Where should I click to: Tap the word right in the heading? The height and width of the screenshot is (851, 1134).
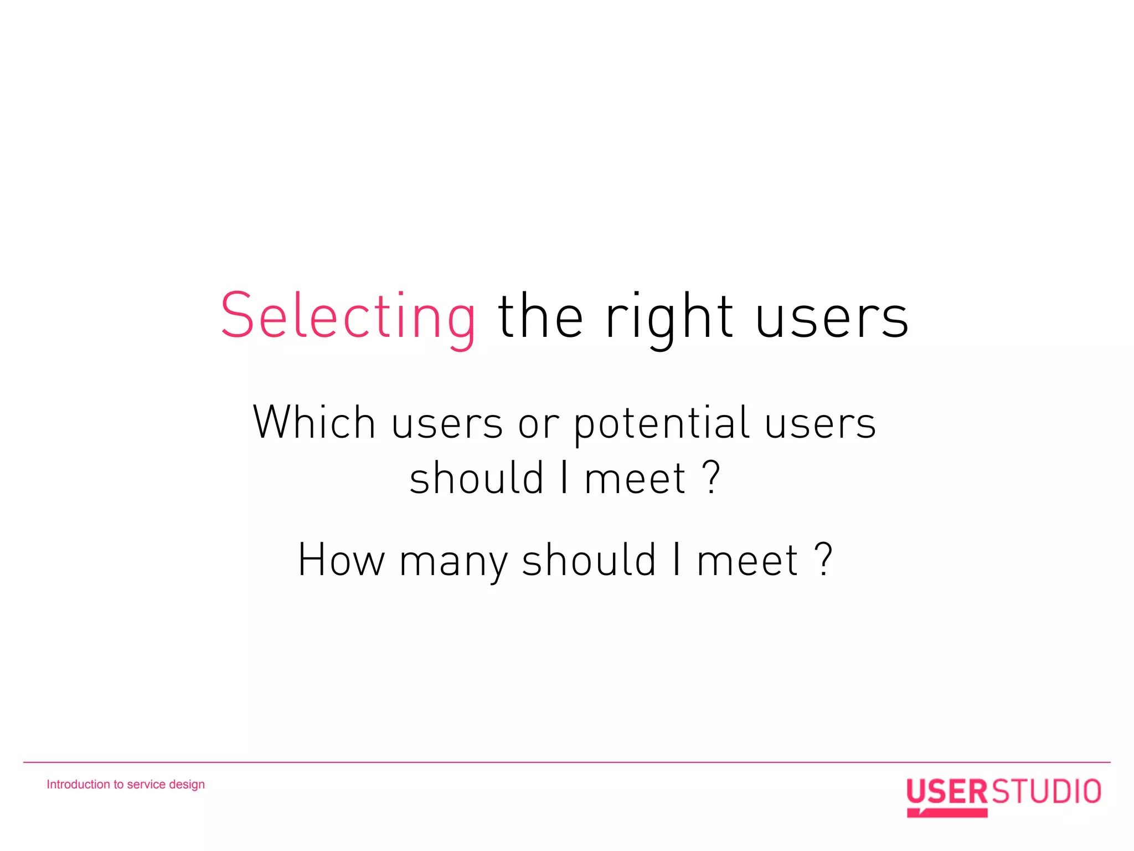(x=669, y=317)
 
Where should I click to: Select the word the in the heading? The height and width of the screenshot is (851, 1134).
(x=540, y=317)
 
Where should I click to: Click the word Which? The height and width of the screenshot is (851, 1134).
(x=314, y=423)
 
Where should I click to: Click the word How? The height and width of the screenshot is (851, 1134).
(x=341, y=560)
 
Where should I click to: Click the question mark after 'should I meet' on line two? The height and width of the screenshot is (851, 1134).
(x=712, y=478)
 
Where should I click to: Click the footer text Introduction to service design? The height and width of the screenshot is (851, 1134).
(x=126, y=785)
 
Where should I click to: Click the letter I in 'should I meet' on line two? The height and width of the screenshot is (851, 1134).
(x=564, y=478)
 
